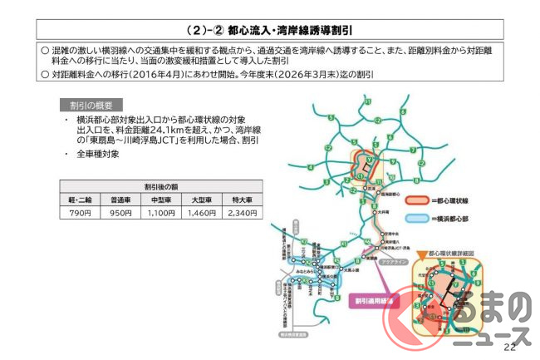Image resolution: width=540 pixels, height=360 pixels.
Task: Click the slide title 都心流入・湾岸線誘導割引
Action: point(269,30)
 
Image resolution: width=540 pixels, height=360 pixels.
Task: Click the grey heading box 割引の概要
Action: point(91,106)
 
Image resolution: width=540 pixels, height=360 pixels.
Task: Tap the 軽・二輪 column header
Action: point(79,200)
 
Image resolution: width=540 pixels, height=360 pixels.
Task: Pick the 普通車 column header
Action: point(121,200)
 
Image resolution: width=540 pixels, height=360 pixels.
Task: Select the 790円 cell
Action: point(79,214)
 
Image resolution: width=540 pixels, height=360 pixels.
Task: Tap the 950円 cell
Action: point(121,214)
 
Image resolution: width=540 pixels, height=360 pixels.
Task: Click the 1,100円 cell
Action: point(162,214)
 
